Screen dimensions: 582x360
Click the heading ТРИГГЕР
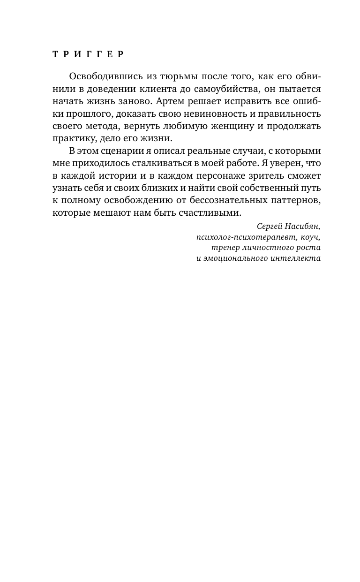[88, 54]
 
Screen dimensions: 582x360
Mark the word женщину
[230, 126]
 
